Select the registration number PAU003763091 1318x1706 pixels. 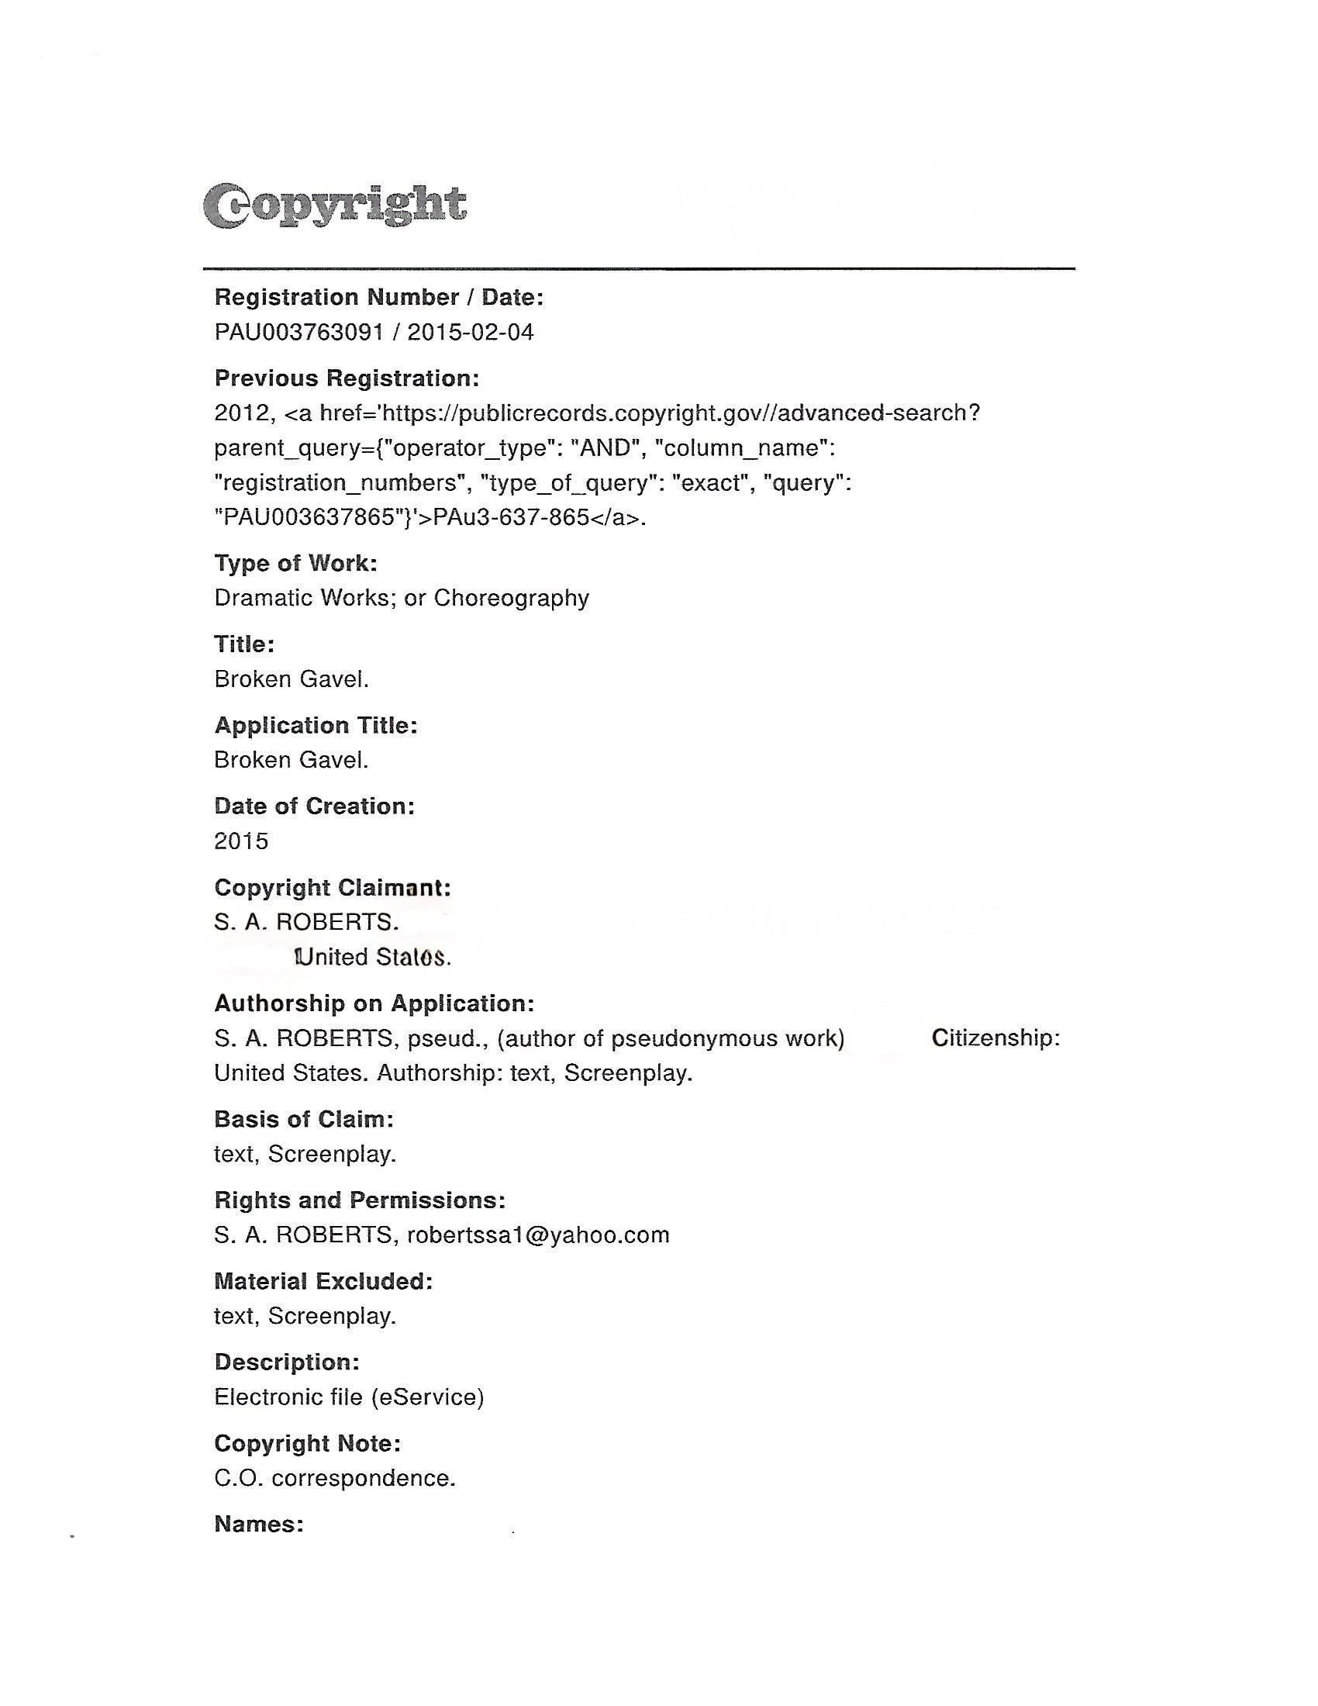299,333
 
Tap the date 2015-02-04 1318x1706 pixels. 471,333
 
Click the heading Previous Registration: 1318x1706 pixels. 347,379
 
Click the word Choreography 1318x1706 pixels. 512,599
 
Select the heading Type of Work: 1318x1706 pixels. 296,563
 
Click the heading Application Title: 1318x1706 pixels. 316,726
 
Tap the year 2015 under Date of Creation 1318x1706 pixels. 241,841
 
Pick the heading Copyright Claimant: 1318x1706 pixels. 333,888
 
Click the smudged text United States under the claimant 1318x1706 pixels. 372,958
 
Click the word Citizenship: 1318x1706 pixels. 995,1038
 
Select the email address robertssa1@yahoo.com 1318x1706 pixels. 538,1235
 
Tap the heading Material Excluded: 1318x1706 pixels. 323,1282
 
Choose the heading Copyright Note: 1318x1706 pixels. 308,1444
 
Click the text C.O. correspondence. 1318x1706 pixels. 335,1478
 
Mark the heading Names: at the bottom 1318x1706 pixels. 258,1524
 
